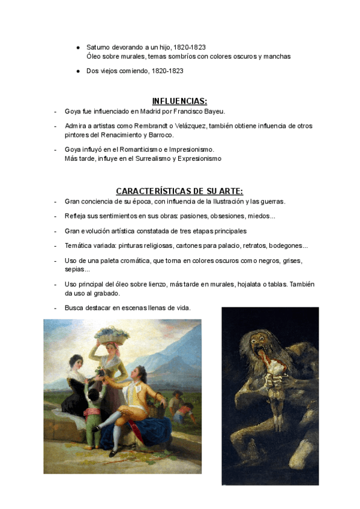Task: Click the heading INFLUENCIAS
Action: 179,101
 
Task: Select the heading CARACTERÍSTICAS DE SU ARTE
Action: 179,191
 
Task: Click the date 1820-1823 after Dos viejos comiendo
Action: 167,71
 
